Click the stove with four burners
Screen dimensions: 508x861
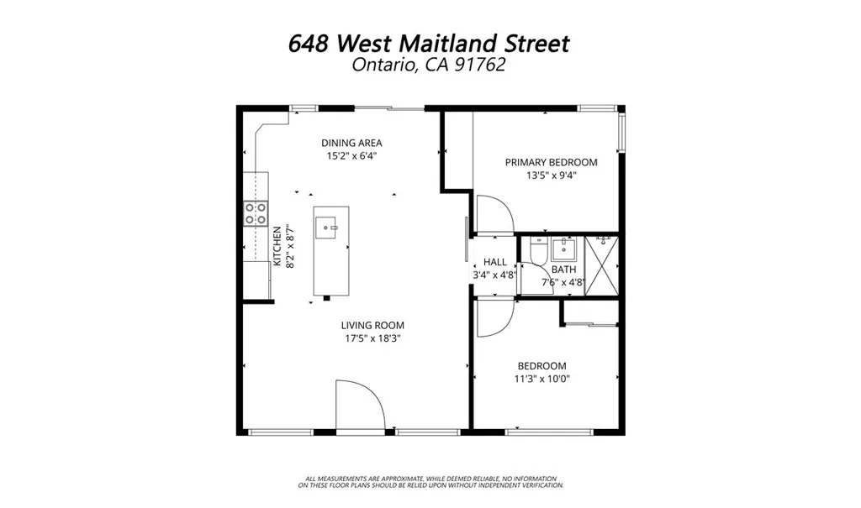point(256,213)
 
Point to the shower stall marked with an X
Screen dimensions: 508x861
point(601,265)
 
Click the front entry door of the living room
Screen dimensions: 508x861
point(359,406)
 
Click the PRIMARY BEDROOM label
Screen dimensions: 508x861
point(551,162)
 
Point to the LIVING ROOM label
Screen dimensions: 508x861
point(372,325)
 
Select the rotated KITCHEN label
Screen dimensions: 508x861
point(277,247)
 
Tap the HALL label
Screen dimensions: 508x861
point(495,262)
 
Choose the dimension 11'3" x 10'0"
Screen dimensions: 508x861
point(541,378)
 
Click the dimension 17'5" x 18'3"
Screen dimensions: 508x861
point(372,338)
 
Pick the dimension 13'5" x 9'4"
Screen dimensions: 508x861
point(551,175)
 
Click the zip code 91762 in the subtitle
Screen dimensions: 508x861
point(481,65)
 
